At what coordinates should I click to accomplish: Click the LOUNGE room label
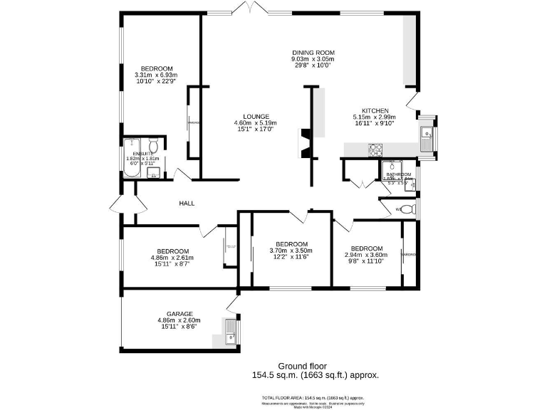[256, 117]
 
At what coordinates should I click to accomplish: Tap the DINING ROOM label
[313, 53]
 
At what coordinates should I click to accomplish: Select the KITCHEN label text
[375, 111]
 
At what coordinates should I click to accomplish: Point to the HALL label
[187, 204]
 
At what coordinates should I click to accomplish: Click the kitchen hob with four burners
[375, 149]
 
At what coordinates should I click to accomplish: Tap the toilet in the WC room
[407, 209]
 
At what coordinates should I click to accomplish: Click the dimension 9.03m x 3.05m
[313, 59]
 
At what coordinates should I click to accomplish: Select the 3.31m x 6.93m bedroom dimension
[155, 75]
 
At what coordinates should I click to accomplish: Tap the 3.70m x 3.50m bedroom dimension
[291, 251]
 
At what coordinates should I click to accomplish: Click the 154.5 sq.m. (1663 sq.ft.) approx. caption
[315, 375]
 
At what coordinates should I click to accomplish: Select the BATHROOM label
[399, 174]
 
